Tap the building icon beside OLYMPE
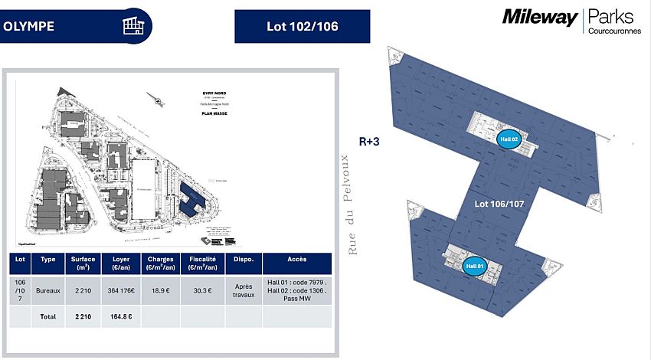tap(132, 25)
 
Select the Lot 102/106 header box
tap(302, 26)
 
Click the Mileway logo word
tap(540, 17)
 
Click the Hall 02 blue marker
tap(509, 139)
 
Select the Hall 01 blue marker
tap(475, 266)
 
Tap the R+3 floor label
tap(371, 141)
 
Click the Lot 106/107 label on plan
tap(499, 205)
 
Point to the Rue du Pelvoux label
tap(353, 205)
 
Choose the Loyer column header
tap(121, 263)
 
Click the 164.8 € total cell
tap(121, 316)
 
